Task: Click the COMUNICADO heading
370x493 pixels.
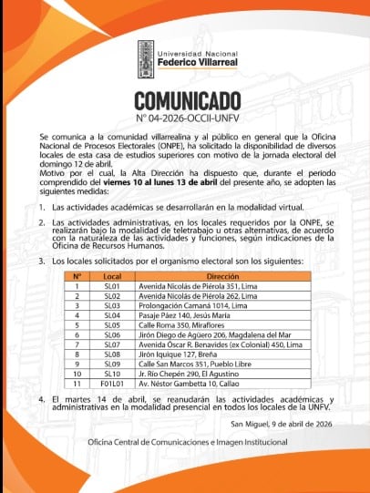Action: [x=188, y=100]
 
